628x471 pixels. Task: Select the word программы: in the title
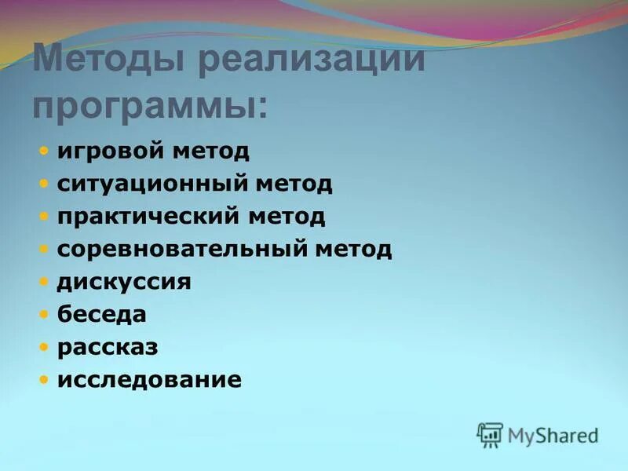(x=150, y=105)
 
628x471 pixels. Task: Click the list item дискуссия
(x=124, y=282)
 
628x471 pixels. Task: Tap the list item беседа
(x=102, y=314)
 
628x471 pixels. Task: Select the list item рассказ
(x=108, y=347)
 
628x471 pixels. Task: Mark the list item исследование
(x=149, y=380)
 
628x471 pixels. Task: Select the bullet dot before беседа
(x=45, y=314)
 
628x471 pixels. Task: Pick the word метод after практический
(x=287, y=217)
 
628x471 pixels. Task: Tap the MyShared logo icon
(x=490, y=434)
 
